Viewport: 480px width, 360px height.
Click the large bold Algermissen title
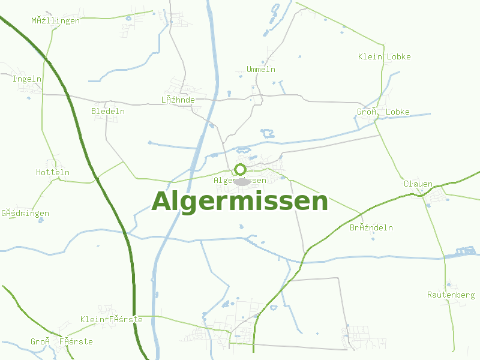pyautogui.click(x=240, y=202)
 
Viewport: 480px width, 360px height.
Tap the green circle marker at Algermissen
pyautogui.click(x=241, y=169)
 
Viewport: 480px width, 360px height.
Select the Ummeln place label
pyautogui.click(x=261, y=70)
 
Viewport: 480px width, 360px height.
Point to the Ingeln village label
pyautogui.click(x=27, y=79)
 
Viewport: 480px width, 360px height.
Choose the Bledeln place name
pyautogui.click(x=108, y=112)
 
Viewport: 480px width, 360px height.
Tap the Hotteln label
pyautogui.click(x=53, y=173)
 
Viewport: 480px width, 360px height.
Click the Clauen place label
pyautogui.click(x=418, y=184)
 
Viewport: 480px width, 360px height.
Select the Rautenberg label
pyautogui.click(x=451, y=295)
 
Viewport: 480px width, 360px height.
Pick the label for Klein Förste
pyautogui.click(x=112, y=320)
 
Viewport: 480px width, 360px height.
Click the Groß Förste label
pyautogui.click(x=62, y=342)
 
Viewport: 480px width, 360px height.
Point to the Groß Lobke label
pyautogui.click(x=383, y=112)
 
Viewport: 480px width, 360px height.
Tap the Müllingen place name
pyautogui.click(x=56, y=21)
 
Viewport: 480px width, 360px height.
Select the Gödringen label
pyautogui.click(x=25, y=214)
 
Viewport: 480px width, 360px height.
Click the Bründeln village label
pyautogui.click(x=371, y=228)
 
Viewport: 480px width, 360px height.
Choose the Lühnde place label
pyautogui.click(x=178, y=100)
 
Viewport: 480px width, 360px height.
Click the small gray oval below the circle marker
pyautogui.click(x=242, y=182)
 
